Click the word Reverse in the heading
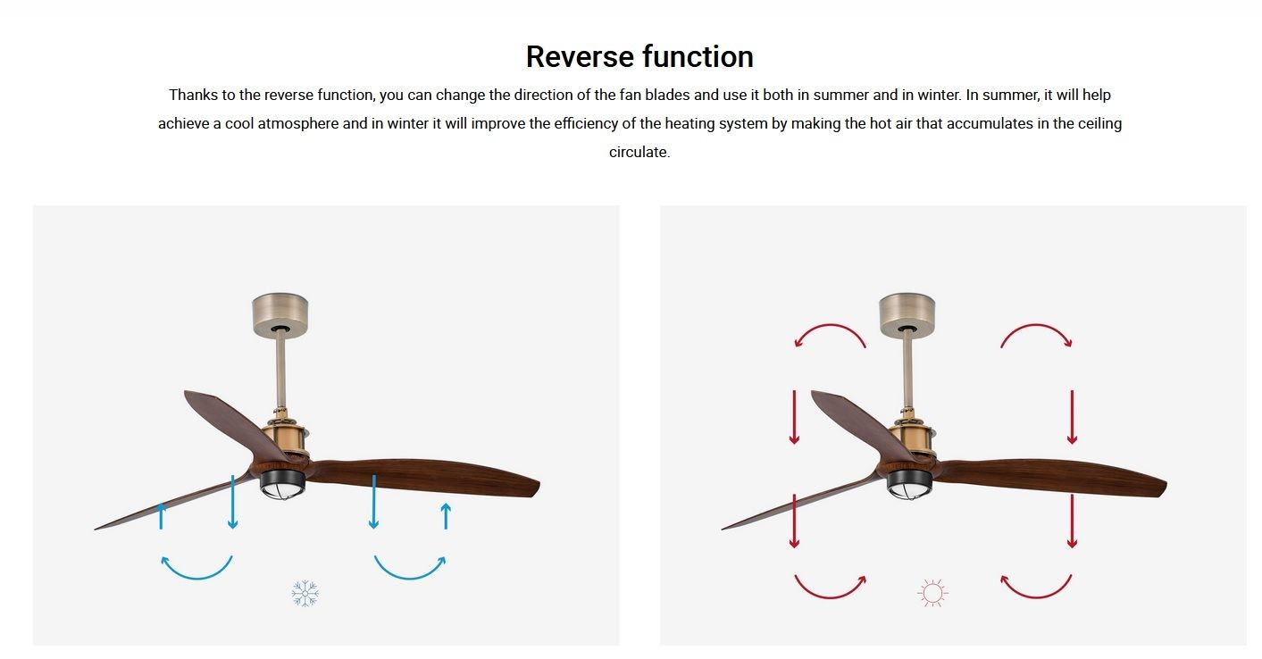click(x=581, y=57)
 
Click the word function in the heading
click(x=698, y=57)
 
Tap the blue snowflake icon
click(x=305, y=593)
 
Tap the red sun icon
click(x=932, y=593)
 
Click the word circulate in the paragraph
click(x=639, y=152)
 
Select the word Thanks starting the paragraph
click(x=193, y=95)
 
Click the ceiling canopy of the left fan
click(x=280, y=314)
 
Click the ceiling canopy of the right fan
click(x=907, y=314)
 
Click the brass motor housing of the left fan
click(x=284, y=437)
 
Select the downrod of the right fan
click(x=907, y=371)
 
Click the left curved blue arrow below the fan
click(x=196, y=578)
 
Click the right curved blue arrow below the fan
click(x=410, y=578)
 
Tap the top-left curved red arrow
click(x=830, y=325)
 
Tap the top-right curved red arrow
click(x=1036, y=325)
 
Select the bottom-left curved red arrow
click(x=830, y=596)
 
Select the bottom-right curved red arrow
click(x=1036, y=596)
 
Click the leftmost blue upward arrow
click(x=161, y=516)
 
